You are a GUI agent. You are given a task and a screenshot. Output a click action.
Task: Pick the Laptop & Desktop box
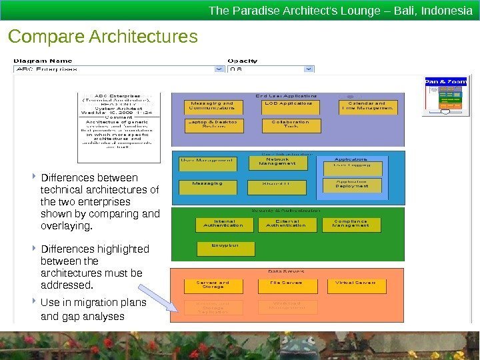(x=212, y=125)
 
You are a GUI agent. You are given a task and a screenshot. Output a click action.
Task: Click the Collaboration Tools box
(x=291, y=125)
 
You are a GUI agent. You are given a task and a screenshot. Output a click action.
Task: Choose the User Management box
(x=207, y=161)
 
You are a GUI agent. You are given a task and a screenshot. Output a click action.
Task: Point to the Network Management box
(x=277, y=162)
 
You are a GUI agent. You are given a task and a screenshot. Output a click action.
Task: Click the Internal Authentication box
(x=225, y=225)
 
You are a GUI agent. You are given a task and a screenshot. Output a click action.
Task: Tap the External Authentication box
(x=287, y=225)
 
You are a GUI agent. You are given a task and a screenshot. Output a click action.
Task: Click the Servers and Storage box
(x=213, y=285)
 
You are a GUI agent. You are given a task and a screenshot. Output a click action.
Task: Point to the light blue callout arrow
(x=159, y=297)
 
